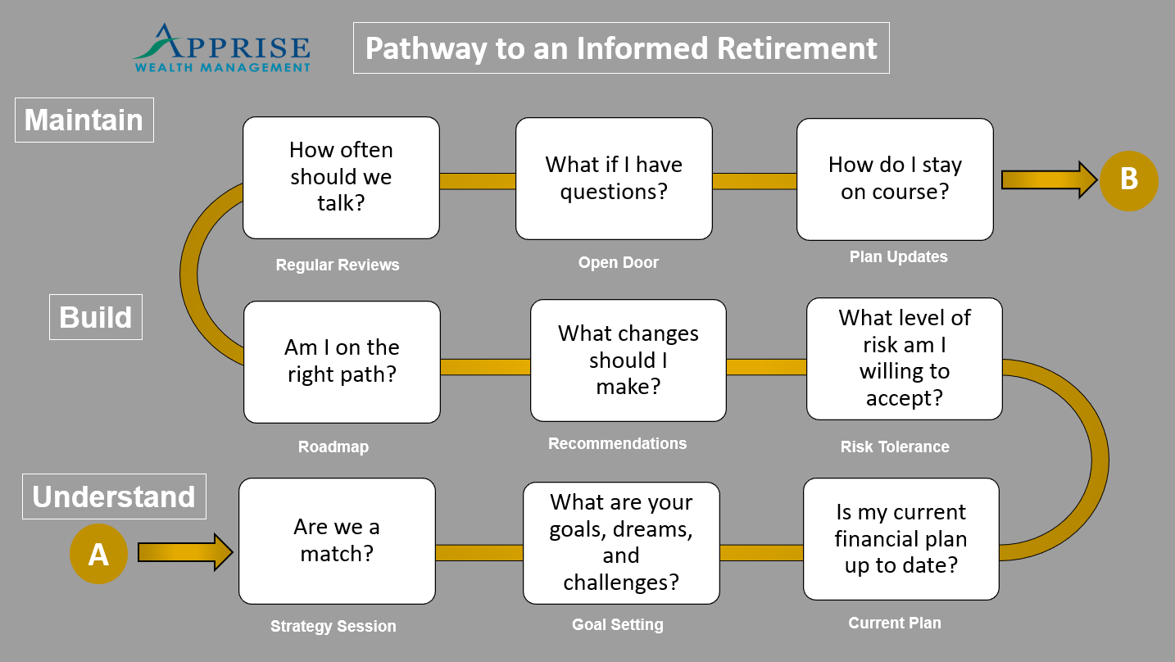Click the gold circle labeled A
pyautogui.click(x=98, y=554)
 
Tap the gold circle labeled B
pyautogui.click(x=1129, y=181)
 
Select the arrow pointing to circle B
pyautogui.click(x=1049, y=180)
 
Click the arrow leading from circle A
pyautogui.click(x=185, y=552)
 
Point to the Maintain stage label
pyautogui.click(x=84, y=120)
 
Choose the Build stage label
pyautogui.click(x=96, y=317)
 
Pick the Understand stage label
pyautogui.click(x=114, y=496)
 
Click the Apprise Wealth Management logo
pyautogui.click(x=222, y=48)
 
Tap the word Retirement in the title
pyautogui.click(x=796, y=48)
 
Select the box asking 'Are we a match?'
pyautogui.click(x=337, y=541)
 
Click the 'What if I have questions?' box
pyautogui.click(x=614, y=179)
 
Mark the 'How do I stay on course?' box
pyautogui.click(x=895, y=179)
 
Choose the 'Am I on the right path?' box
pyautogui.click(x=342, y=362)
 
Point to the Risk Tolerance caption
pyautogui.click(x=895, y=447)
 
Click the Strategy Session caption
pyautogui.click(x=333, y=626)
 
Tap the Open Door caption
pyautogui.click(x=619, y=262)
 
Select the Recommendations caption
pyautogui.click(x=617, y=443)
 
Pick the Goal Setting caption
pyautogui.click(x=617, y=624)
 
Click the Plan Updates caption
pyautogui.click(x=899, y=256)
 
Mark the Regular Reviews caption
pyautogui.click(x=338, y=265)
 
